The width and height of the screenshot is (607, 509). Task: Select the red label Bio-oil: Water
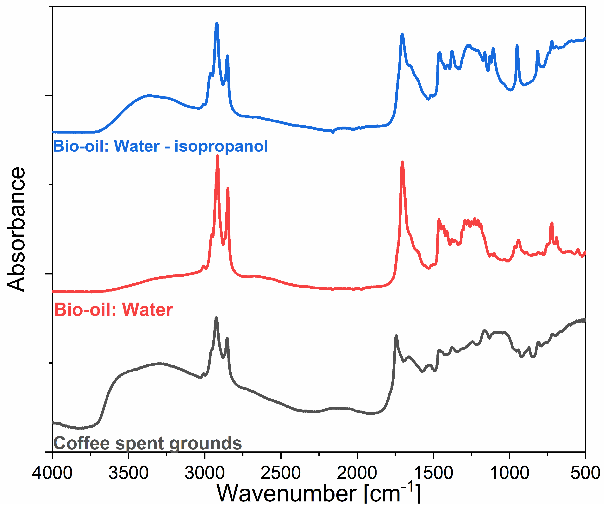coord(113,310)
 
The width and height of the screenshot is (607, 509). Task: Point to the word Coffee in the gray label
coord(82,443)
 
